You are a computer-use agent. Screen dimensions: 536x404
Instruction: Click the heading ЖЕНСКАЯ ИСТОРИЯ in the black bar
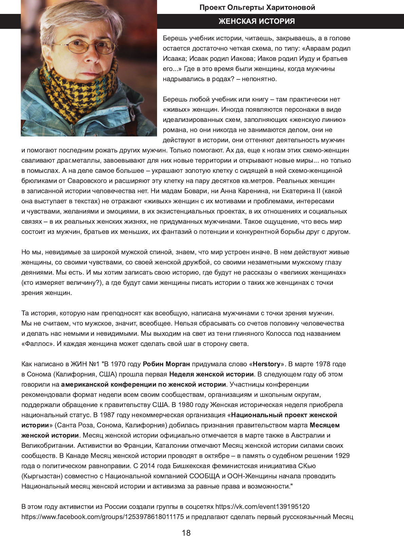[x=256, y=21]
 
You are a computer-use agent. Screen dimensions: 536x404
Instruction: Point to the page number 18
[x=186, y=533]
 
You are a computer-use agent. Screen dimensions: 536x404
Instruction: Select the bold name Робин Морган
[x=166, y=364]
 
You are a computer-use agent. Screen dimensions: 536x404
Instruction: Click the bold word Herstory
[x=267, y=364]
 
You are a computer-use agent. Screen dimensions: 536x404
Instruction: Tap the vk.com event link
[x=262, y=506]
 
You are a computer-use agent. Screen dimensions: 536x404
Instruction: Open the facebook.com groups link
[x=102, y=517]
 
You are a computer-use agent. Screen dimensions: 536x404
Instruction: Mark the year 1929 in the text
[x=342, y=456]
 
